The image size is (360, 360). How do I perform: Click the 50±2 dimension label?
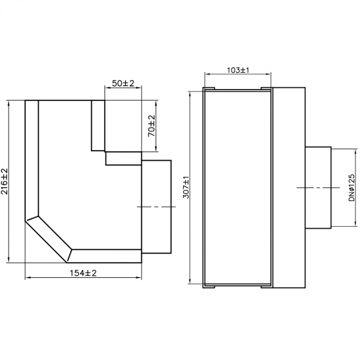coord(123,83)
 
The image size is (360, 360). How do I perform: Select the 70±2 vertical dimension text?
coord(152,125)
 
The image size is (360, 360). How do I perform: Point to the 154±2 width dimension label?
coord(83,273)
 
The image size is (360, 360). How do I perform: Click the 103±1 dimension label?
coord(238,70)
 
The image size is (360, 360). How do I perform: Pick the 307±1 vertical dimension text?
coord(186,188)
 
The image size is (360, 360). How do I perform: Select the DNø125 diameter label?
coord(352,187)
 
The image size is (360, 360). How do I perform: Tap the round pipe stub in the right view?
coord(318,188)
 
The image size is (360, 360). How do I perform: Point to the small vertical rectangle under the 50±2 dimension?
coord(98,125)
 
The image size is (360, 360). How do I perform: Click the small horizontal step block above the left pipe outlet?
coord(123,158)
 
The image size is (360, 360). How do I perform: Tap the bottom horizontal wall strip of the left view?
coord(105,256)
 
